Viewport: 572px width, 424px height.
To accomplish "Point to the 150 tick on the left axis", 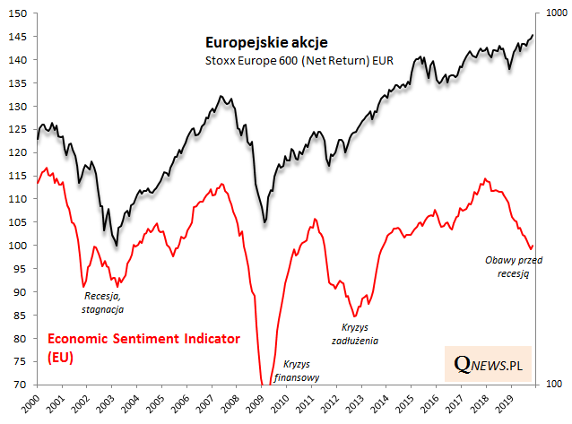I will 17,13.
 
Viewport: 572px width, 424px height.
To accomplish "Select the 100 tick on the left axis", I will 17,246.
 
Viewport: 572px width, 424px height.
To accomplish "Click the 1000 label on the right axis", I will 554,13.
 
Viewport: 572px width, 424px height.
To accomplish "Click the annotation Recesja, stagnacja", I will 103,302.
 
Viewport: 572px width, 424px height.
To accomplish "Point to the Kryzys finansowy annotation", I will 301,371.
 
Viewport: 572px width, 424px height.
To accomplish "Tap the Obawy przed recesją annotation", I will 508,266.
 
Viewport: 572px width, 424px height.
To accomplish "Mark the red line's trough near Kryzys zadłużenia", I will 355,316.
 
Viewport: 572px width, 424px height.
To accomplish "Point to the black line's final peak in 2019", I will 533,35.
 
